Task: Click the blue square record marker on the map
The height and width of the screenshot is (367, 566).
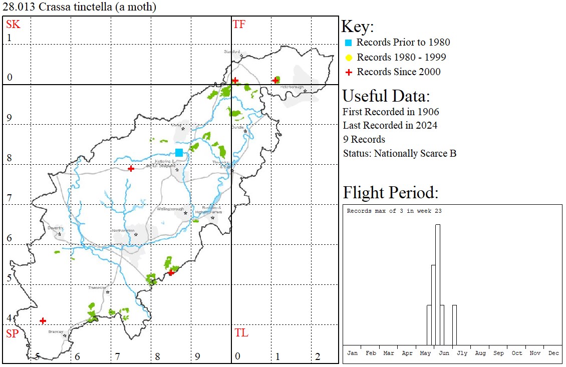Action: (x=179, y=153)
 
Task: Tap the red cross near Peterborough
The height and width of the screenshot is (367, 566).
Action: (x=275, y=80)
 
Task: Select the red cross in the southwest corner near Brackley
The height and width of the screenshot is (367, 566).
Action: (x=43, y=320)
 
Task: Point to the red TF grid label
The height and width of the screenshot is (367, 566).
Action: (x=239, y=24)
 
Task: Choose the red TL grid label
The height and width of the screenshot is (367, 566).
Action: (x=241, y=333)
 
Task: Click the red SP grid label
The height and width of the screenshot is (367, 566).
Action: (x=12, y=334)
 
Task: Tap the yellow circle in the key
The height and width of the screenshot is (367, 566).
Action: (x=349, y=57)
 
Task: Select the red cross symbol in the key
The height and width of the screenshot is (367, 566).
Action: (x=349, y=72)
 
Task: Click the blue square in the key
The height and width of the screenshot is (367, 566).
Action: (x=349, y=43)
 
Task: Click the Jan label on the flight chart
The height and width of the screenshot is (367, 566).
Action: (x=353, y=353)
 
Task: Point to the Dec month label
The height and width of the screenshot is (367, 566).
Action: (x=553, y=353)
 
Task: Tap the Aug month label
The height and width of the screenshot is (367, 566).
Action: (x=480, y=353)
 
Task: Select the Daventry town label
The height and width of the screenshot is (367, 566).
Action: (x=55, y=228)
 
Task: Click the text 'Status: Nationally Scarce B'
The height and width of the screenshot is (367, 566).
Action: (x=399, y=153)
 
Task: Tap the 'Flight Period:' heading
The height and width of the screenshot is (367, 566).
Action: (x=390, y=193)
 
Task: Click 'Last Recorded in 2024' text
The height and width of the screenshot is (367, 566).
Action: (x=390, y=125)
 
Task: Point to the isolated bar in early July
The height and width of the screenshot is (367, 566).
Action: (x=454, y=324)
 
